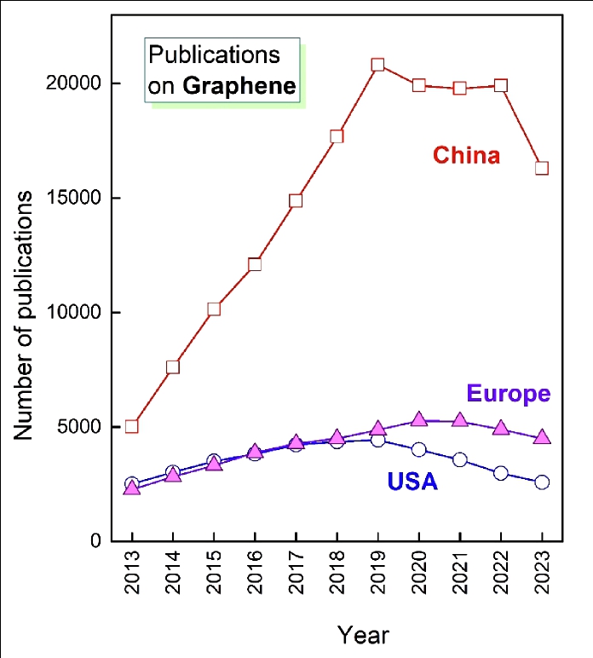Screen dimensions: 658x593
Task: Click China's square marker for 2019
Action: pos(377,65)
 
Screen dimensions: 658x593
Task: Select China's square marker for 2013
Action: pos(132,426)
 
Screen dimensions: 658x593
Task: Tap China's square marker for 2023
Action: pos(541,168)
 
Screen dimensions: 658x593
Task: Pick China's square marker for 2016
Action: pos(255,264)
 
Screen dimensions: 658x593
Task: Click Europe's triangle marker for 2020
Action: pos(418,419)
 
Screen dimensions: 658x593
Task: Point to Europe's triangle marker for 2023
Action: pos(541,437)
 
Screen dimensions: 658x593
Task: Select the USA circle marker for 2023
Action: pos(541,482)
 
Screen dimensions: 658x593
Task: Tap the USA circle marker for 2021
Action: pos(459,459)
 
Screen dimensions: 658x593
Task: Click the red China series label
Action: pos(466,155)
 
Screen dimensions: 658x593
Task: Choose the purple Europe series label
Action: pos(508,394)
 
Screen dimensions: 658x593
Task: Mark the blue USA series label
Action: pos(412,482)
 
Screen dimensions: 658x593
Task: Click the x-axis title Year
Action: pos(363,635)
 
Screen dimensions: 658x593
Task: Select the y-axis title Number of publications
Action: pos(24,315)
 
